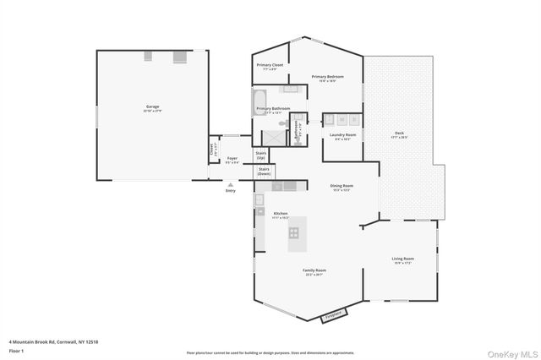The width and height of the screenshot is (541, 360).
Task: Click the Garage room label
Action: [x=152, y=108]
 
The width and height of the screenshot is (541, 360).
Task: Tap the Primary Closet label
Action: [x=271, y=67]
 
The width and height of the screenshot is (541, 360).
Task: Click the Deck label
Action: [x=399, y=135]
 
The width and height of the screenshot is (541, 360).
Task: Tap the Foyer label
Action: [x=232, y=160]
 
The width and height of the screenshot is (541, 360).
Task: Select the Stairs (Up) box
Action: [x=260, y=155]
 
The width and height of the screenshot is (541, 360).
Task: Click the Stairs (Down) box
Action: [x=264, y=172]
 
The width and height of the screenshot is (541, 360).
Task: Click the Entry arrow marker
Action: [x=230, y=184]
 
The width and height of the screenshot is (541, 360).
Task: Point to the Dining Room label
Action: [x=342, y=187]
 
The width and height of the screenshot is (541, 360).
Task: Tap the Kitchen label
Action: [x=281, y=215]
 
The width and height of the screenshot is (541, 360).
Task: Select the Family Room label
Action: [x=314, y=272]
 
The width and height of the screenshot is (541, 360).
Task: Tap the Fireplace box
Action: [x=334, y=316]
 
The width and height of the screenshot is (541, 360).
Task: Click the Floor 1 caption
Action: [x=16, y=349]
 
